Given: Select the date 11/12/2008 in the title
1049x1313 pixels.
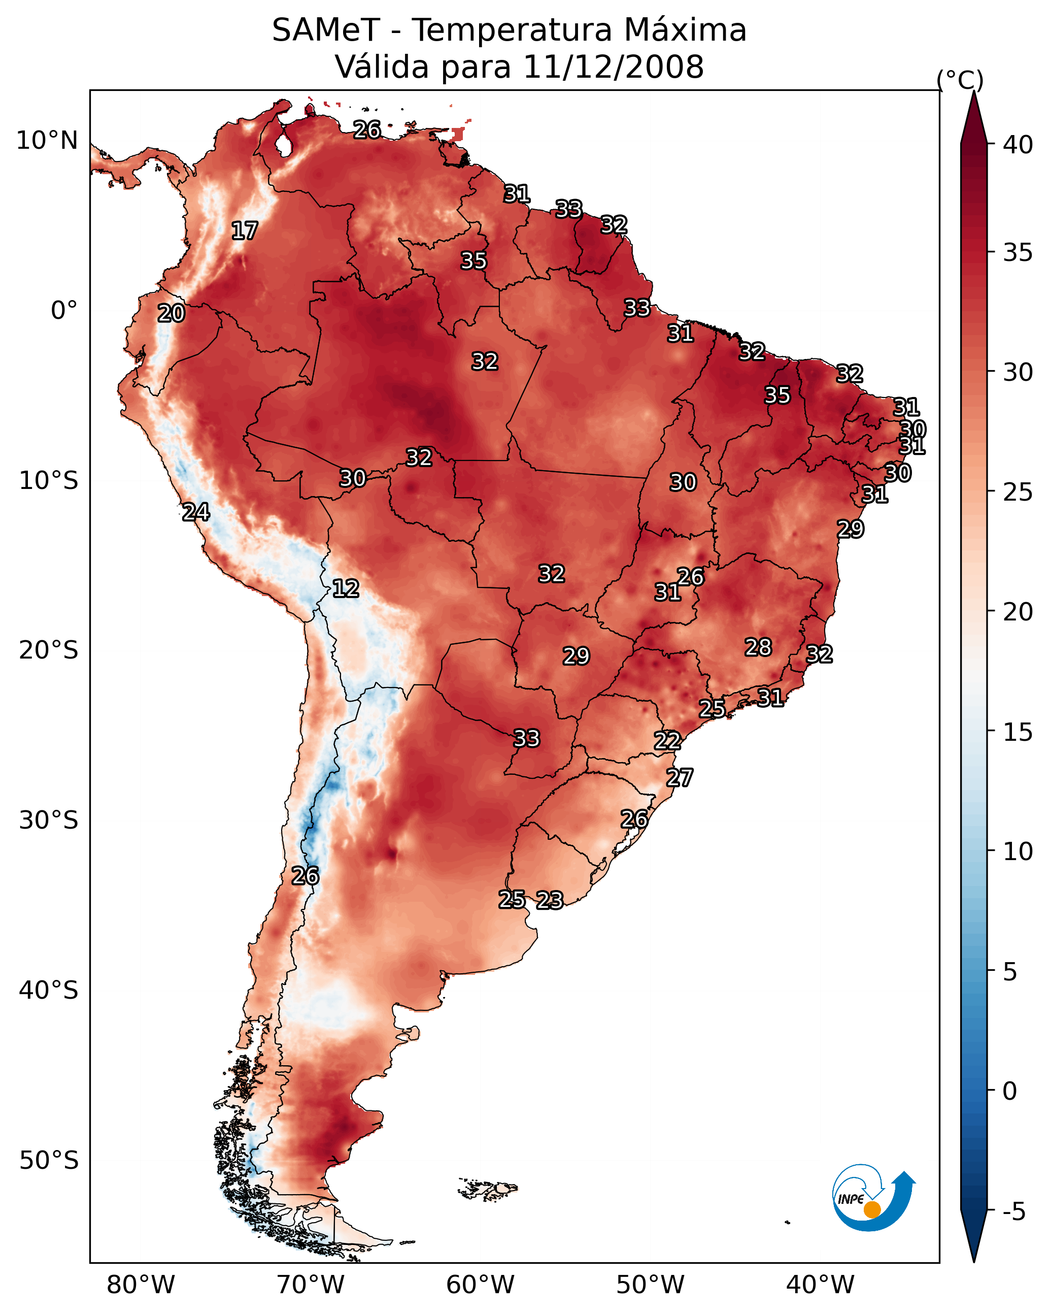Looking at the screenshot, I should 613,67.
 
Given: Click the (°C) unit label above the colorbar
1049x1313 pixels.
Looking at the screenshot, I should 960,80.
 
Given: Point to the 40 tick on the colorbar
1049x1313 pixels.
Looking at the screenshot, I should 1018,145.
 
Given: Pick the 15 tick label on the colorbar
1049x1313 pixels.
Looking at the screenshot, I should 1018,732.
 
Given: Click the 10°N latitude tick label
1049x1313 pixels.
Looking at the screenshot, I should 47,141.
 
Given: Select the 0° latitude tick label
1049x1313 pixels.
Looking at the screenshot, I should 64,311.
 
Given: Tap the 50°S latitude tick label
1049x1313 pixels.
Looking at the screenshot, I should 49,1160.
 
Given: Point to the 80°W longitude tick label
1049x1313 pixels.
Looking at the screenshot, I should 141,1285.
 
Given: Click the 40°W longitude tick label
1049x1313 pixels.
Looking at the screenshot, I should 820,1285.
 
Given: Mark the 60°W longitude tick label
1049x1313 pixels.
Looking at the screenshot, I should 481,1285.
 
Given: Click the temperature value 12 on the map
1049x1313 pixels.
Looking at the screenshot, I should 346,588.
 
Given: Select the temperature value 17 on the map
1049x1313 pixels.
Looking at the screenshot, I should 245,231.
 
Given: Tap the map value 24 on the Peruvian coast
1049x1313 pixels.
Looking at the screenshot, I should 196,512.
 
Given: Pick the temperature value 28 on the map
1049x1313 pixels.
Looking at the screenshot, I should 758,647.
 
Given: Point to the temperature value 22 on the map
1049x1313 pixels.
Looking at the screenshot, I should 667,741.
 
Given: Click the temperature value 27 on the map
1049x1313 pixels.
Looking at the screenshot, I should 680,778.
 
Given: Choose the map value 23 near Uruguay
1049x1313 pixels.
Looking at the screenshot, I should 550,900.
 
